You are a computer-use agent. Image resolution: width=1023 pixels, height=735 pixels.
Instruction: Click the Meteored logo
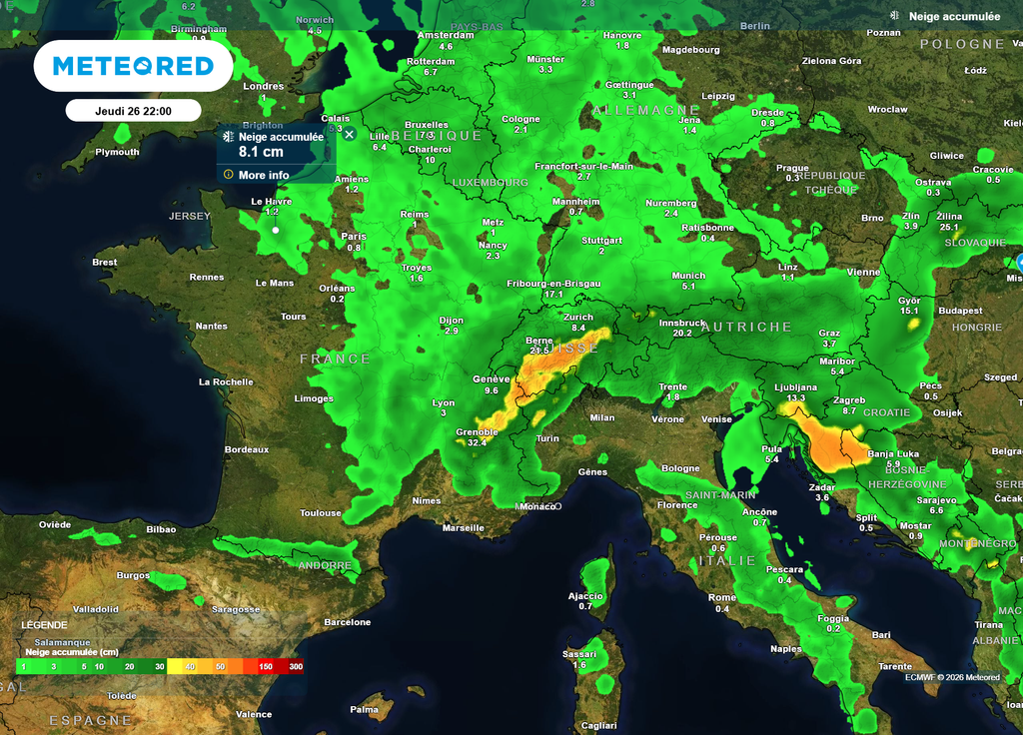[133, 66]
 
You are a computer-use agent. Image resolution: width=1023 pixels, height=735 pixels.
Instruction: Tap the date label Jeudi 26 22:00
[133, 111]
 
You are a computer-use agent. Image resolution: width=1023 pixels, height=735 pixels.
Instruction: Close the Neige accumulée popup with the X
[349, 134]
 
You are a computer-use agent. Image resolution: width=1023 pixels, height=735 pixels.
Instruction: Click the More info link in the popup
[264, 175]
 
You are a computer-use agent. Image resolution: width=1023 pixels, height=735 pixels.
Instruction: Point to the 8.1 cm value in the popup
[261, 152]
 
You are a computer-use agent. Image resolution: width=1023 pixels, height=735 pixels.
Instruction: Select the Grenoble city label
[477, 431]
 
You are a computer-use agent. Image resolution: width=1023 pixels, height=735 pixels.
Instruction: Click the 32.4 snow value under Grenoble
[477, 441]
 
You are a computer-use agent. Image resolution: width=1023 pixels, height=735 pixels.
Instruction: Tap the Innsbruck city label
[683, 323]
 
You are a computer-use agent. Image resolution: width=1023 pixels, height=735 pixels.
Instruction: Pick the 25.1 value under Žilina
[948, 227]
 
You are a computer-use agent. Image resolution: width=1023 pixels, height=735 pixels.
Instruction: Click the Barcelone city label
[347, 622]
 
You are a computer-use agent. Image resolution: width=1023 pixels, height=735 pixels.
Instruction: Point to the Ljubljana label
[795, 386]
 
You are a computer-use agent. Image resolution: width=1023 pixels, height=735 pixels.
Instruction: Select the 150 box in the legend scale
[266, 666]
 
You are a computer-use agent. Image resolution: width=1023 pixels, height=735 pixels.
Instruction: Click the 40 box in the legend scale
[190, 666]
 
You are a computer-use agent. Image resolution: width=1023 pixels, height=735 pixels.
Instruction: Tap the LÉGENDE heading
[44, 624]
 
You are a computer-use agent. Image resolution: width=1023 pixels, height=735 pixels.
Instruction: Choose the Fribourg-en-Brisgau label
[553, 284]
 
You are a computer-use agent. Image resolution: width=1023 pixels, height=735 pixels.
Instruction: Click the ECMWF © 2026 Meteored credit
[952, 677]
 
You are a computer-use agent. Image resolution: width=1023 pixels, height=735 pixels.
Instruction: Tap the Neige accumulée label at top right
[953, 16]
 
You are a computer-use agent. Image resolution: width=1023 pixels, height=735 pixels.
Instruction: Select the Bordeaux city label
[246, 449]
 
